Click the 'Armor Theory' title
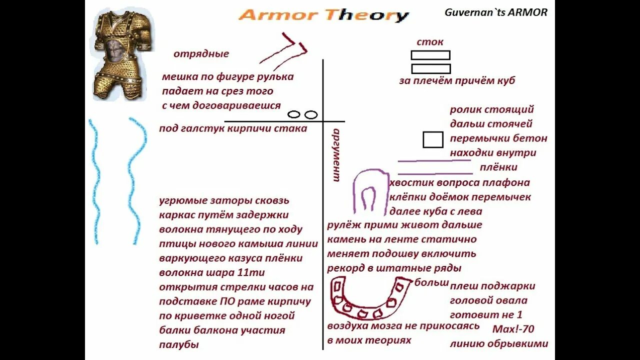323,15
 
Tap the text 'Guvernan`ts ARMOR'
496,12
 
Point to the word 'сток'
430,42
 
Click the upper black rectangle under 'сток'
430,55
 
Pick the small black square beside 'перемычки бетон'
433,140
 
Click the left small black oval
294,114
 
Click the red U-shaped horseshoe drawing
368,299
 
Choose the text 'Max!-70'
513,329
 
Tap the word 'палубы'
179,344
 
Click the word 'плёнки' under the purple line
498,167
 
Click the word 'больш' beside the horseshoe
431,282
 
